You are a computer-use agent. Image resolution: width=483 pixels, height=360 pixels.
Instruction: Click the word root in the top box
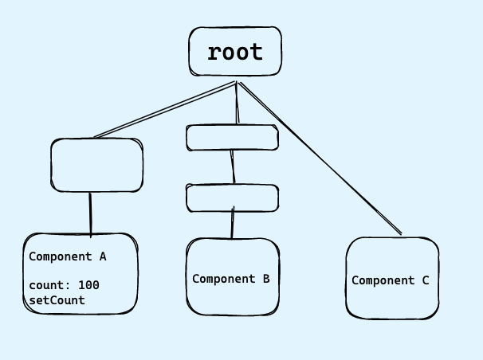[x=234, y=53]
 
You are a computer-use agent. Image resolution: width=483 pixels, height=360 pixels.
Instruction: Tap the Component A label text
[x=68, y=257]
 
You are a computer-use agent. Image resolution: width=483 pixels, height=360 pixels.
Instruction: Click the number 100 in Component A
[x=89, y=285]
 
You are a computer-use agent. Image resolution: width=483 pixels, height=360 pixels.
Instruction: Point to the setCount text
[x=57, y=300]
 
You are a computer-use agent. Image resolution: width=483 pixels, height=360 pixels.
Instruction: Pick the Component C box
[x=392, y=303]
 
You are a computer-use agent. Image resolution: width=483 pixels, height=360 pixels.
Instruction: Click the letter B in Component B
[x=265, y=279]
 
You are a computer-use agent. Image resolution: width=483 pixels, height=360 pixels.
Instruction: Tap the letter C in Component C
[x=425, y=280]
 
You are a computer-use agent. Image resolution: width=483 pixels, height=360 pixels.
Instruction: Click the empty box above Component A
[x=96, y=166]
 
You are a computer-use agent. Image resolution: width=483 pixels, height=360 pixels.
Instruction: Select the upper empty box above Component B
[x=233, y=138]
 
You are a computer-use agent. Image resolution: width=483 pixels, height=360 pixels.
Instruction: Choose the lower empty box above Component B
[x=233, y=198]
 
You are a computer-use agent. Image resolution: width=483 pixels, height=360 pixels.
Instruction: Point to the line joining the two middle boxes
[x=233, y=167]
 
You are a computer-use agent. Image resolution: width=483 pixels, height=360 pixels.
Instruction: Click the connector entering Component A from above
[x=90, y=213]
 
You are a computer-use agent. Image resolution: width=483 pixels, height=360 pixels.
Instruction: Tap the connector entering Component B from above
[x=233, y=225]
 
